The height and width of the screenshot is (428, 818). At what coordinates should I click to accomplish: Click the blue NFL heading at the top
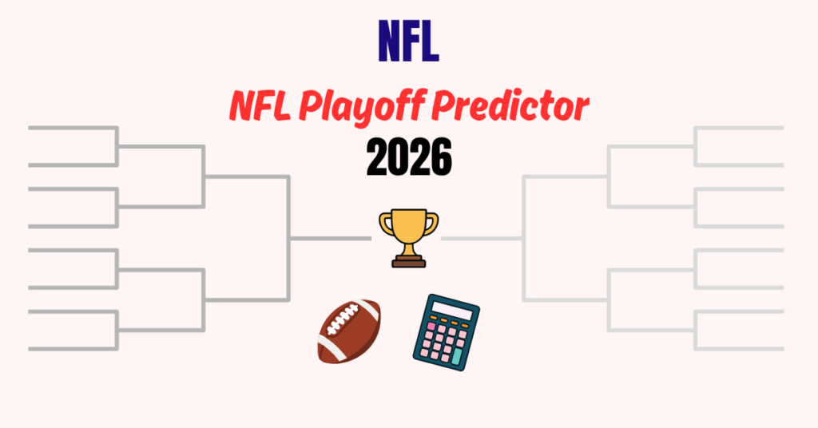click(408, 42)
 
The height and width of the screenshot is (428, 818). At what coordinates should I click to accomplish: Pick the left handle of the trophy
click(385, 223)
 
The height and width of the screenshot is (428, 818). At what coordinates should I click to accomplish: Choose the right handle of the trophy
click(431, 223)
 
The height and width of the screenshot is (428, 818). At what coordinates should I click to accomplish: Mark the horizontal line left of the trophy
click(331, 238)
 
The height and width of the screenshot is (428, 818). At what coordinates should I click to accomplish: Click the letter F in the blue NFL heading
click(409, 42)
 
